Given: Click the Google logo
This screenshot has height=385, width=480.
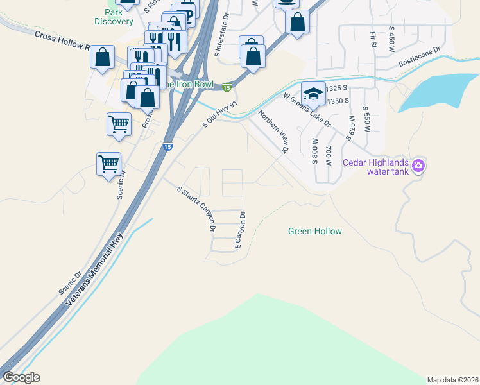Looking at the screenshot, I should [x=21, y=377].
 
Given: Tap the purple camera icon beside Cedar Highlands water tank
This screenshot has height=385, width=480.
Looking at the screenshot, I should [x=418, y=166].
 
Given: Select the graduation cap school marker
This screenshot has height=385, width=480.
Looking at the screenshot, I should [x=313, y=94].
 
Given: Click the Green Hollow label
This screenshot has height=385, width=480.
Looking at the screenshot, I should [x=314, y=231].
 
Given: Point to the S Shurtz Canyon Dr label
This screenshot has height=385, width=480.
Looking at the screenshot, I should [x=197, y=209].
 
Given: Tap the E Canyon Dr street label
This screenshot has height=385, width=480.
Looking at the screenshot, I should [x=240, y=230].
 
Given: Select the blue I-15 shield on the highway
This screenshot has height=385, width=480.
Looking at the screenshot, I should [x=167, y=146].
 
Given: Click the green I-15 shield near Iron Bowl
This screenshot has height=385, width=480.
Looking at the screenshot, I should [x=227, y=87].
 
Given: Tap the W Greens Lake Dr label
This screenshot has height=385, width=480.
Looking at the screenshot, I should [x=307, y=110].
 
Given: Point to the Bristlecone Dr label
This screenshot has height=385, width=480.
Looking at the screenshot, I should [x=420, y=57].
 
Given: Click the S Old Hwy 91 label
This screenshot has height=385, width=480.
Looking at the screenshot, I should [x=220, y=114].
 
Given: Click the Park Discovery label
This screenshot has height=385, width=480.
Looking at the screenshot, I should [x=114, y=17].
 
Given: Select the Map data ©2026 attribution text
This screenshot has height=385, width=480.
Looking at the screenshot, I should [x=452, y=379].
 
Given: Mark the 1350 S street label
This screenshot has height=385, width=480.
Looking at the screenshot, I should [x=336, y=101].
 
